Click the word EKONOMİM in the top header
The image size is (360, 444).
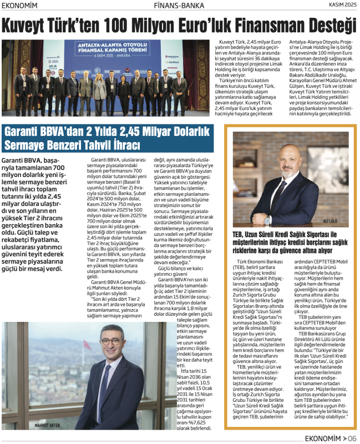click(x=27, y=6)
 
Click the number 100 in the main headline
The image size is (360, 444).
click(x=128, y=26)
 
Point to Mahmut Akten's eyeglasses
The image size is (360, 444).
click(x=111, y=342)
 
